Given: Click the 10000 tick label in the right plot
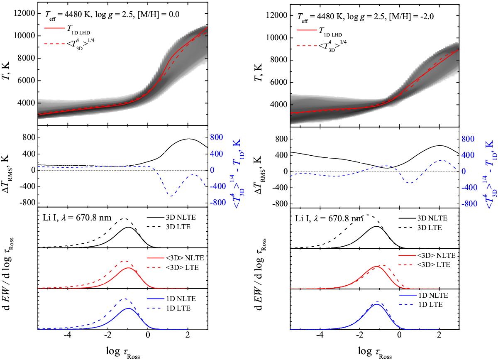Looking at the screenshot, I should (x=276, y=37).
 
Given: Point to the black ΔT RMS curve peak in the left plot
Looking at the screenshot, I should (x=189, y=139).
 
